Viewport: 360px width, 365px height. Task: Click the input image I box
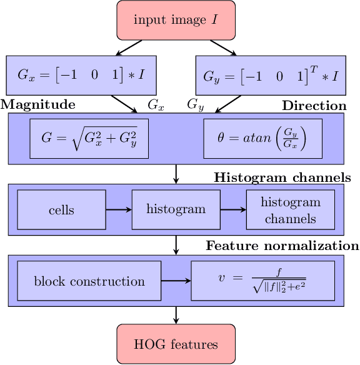176,19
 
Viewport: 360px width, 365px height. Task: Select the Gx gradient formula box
81,76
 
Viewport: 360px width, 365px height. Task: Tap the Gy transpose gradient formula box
271,76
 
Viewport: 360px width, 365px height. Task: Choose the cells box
61,209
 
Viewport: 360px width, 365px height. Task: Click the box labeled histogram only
175,209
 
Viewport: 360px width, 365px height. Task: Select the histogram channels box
291,210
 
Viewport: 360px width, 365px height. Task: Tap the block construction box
89,281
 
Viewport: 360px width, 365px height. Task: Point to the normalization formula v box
262,281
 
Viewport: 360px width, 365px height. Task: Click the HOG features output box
176,344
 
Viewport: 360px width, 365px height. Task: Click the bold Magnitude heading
38,104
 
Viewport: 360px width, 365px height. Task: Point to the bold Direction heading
314,106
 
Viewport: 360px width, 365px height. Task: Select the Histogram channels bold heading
282,177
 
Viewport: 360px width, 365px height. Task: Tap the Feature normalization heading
282,246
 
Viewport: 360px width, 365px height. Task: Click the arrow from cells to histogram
119,209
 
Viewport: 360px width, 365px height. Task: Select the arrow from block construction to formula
176,281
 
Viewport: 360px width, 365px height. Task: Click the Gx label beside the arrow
156,106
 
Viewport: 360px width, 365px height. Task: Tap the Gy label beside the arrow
196,106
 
